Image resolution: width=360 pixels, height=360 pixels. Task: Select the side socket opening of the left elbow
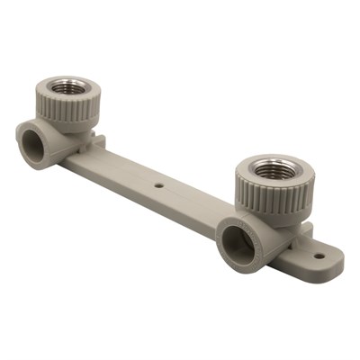tap(35, 141)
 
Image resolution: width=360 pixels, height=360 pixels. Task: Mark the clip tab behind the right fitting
tap(305, 232)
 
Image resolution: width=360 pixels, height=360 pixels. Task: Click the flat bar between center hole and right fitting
tap(193, 207)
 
